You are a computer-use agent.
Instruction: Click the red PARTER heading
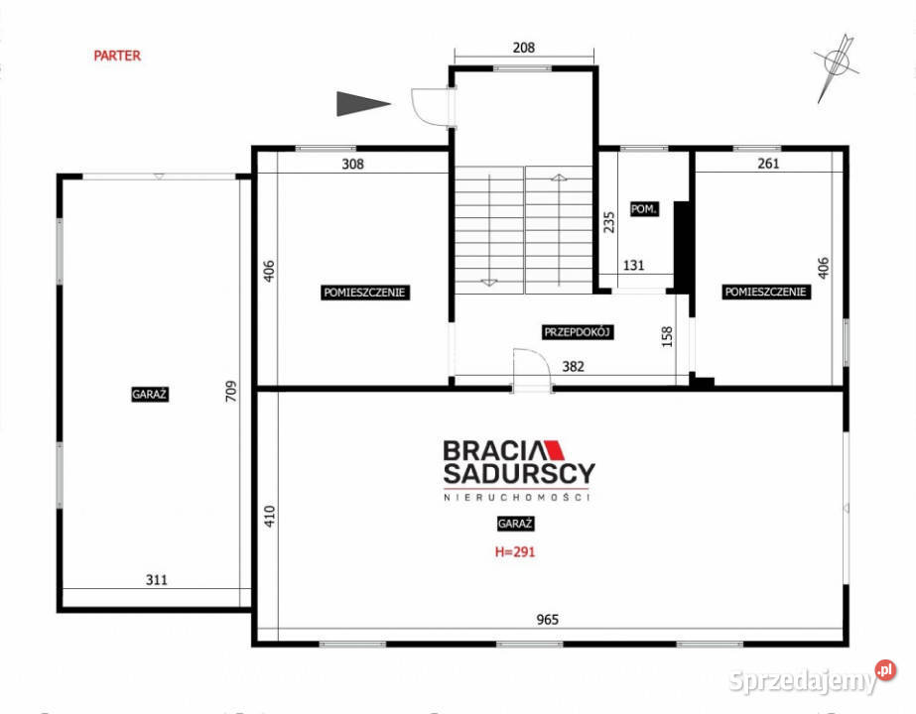pos(117,56)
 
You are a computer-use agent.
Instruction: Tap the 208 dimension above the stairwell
pos(523,48)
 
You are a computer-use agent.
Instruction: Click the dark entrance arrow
pos(363,104)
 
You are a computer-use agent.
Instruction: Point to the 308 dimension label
pos(353,164)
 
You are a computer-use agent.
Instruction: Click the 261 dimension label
pos(768,164)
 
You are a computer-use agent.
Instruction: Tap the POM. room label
pos(644,209)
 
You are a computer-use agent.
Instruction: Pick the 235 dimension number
pos(608,222)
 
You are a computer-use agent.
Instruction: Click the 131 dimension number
pos(634,266)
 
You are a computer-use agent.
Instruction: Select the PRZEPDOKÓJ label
pos(578,332)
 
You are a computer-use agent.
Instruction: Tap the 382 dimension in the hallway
pos(573,366)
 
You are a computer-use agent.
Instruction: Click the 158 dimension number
pos(667,337)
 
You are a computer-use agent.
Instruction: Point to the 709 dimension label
pos(231,391)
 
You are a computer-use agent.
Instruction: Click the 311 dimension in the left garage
pos(157,580)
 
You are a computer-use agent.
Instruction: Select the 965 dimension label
pos(548,620)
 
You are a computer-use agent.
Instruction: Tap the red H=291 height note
pos(515,551)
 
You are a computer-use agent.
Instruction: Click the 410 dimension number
pos(269,516)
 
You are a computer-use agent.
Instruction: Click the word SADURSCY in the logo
pos(519,473)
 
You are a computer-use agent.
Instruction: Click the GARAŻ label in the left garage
pos(150,394)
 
